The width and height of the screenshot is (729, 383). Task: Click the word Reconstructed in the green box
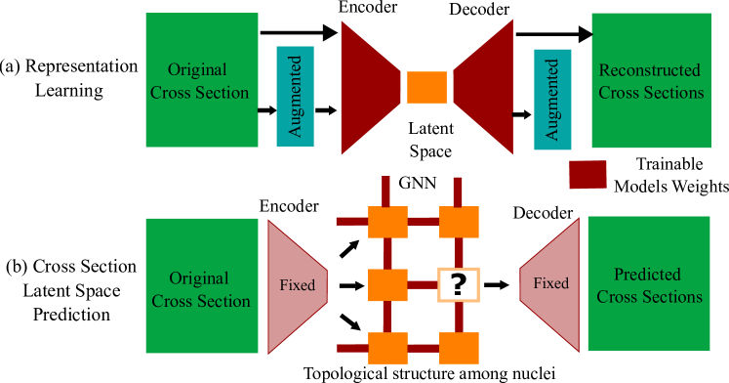coord(649,70)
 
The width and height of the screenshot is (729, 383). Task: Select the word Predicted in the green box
coord(647,275)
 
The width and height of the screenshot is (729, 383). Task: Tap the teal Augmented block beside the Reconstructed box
coord(552,99)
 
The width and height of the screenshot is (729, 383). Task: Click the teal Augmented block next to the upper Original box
coord(295,95)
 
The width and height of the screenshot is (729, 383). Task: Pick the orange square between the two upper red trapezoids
coord(426,87)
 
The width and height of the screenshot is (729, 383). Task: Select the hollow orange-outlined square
coord(459,284)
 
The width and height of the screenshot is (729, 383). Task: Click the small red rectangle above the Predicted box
coord(587,174)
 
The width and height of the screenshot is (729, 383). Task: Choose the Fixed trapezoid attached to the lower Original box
coord(295,285)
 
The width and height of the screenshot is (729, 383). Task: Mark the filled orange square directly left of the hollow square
coord(387,284)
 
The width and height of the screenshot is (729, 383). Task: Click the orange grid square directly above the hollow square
coord(459,222)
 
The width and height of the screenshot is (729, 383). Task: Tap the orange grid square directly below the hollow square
coord(459,348)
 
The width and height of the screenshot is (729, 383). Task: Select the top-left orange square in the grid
coord(387,222)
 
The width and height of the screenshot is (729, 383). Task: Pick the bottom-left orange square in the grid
coord(387,348)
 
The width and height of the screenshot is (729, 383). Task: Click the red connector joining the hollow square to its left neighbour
coord(423,284)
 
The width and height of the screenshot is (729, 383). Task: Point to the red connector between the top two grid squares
coord(424,221)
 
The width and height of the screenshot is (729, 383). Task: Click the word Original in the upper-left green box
coord(197,70)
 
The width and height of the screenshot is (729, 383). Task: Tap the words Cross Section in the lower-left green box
coord(201,301)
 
